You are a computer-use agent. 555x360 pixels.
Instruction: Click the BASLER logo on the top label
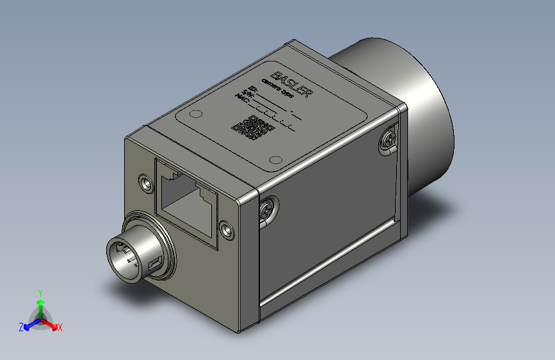point(291,81)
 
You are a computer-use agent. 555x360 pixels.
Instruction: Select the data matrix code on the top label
point(252,127)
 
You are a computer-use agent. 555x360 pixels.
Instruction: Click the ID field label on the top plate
point(253,88)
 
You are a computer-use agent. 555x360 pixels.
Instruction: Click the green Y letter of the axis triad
point(40,291)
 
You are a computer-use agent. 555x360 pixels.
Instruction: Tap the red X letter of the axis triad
point(60,327)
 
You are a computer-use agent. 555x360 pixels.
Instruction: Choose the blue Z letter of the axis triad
point(21,327)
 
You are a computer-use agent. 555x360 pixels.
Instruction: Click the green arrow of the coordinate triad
point(40,304)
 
